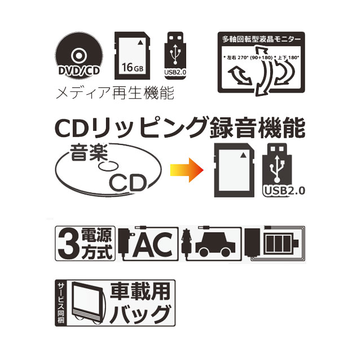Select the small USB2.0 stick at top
pos(174,56)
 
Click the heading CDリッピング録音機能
pos(179,129)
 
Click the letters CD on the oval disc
pos(127,182)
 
